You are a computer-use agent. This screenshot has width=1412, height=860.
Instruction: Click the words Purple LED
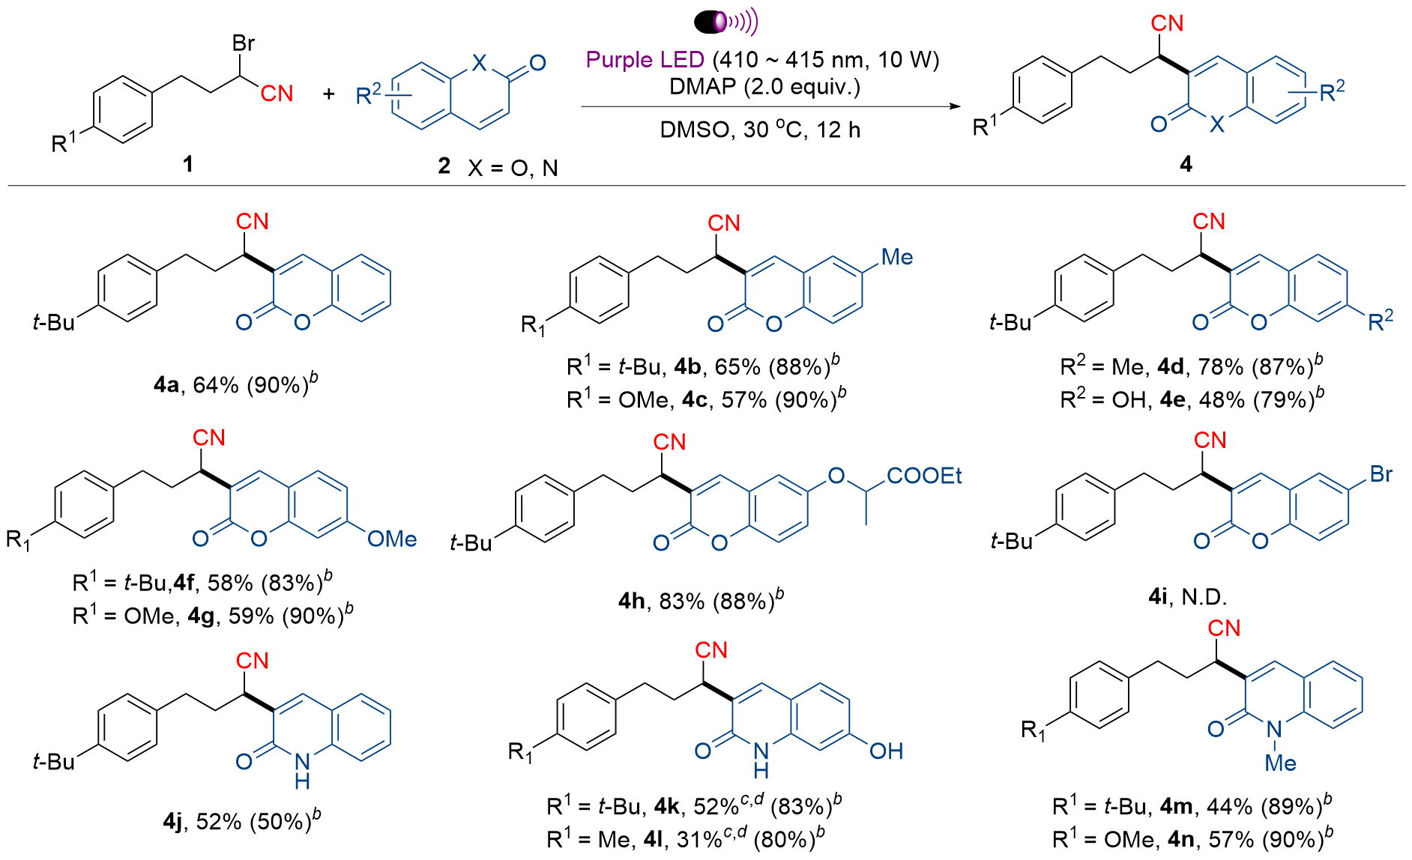click(x=645, y=59)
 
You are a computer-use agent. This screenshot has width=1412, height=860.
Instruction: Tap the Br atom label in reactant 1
click(x=244, y=43)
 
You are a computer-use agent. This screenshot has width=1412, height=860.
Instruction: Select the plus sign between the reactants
click(x=328, y=94)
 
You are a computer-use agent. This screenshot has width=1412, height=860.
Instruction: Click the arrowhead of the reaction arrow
click(x=954, y=106)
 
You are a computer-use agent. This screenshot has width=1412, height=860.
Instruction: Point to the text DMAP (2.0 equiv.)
click(x=764, y=87)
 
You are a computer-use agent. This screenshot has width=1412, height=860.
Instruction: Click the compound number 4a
click(x=166, y=385)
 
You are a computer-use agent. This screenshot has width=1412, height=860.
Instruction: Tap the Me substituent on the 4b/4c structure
click(x=897, y=257)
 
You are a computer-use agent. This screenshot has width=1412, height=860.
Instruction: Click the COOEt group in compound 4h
click(x=924, y=476)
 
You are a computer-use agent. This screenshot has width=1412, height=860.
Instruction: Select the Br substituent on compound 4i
click(x=1381, y=474)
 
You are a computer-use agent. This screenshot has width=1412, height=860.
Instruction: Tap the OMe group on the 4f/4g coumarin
click(x=392, y=539)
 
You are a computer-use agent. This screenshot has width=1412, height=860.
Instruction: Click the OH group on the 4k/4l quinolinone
click(x=886, y=751)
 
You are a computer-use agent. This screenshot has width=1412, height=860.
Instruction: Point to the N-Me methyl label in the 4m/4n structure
click(x=1280, y=763)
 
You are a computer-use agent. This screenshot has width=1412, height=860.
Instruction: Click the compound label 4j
click(x=172, y=822)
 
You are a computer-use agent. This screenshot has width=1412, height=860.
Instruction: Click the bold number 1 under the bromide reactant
click(x=188, y=163)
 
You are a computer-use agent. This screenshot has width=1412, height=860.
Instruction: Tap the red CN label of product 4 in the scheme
click(x=1167, y=23)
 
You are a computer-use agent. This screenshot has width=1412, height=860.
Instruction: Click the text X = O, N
click(x=513, y=168)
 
